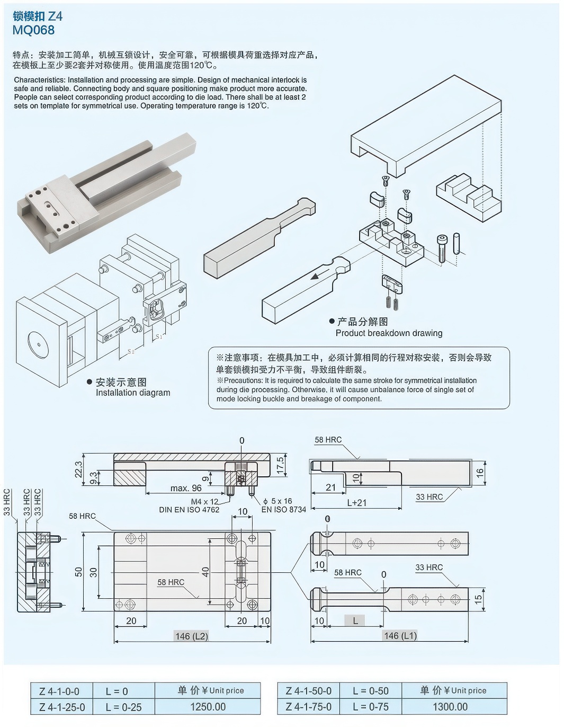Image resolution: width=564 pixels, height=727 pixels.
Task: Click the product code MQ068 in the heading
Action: click(33, 30)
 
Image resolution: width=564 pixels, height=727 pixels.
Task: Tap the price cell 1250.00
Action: click(208, 707)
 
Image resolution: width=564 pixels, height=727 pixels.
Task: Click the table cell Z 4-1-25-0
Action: click(62, 707)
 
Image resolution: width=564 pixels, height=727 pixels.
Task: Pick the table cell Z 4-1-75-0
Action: click(308, 707)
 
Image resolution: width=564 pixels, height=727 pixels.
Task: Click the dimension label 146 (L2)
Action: click(191, 636)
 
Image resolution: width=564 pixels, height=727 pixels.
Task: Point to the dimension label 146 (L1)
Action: click(400, 636)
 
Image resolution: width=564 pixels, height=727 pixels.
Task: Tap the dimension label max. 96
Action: click(186, 488)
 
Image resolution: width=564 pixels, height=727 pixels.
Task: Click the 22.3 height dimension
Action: click(79, 469)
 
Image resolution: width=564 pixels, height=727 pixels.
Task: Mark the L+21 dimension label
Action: click(356, 502)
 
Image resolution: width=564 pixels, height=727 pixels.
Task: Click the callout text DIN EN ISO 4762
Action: click(189, 510)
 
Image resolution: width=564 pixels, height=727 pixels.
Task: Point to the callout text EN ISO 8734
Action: click(283, 510)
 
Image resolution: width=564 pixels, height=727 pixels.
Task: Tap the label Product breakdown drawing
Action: click(389, 333)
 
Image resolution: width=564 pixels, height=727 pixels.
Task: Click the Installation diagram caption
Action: click(133, 393)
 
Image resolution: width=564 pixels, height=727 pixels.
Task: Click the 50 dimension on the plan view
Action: click(79, 572)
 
